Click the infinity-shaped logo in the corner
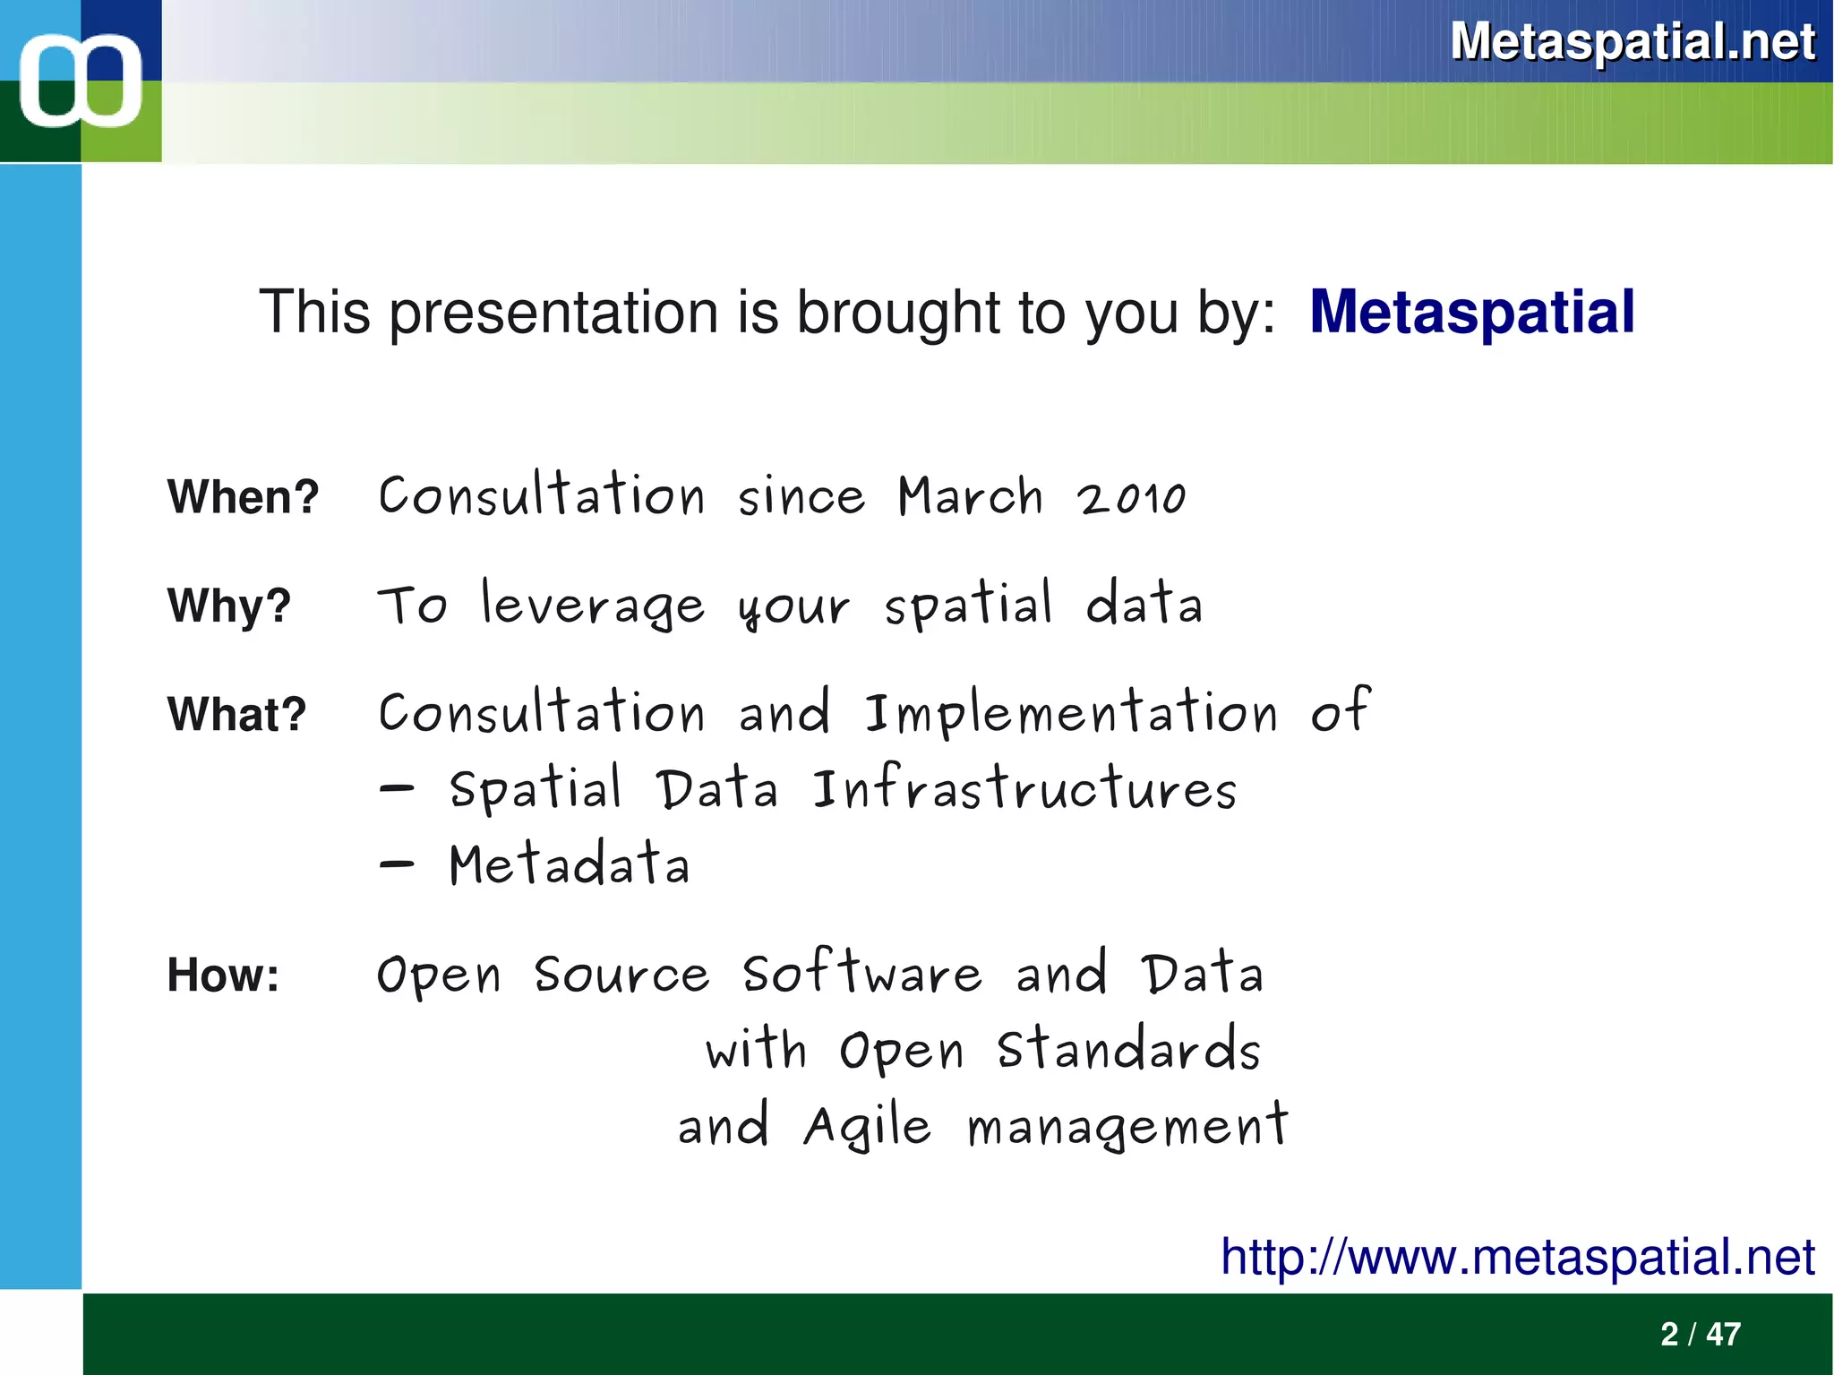click(x=81, y=81)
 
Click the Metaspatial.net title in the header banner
click(x=1632, y=41)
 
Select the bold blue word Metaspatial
click(x=1471, y=313)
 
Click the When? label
click(x=243, y=496)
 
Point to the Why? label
click(x=229, y=606)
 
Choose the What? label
click(x=236, y=715)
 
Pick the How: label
click(x=223, y=975)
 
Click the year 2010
click(x=1131, y=498)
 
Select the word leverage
click(x=593, y=605)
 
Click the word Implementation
click(x=1071, y=714)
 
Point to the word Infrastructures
click(x=1024, y=789)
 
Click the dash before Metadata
click(x=396, y=864)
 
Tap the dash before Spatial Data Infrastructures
click(x=396, y=789)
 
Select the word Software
click(x=861, y=974)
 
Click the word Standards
click(x=1128, y=1049)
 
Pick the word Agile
click(x=867, y=1127)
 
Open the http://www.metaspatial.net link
click(x=1517, y=1256)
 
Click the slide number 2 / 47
click(x=1700, y=1334)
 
